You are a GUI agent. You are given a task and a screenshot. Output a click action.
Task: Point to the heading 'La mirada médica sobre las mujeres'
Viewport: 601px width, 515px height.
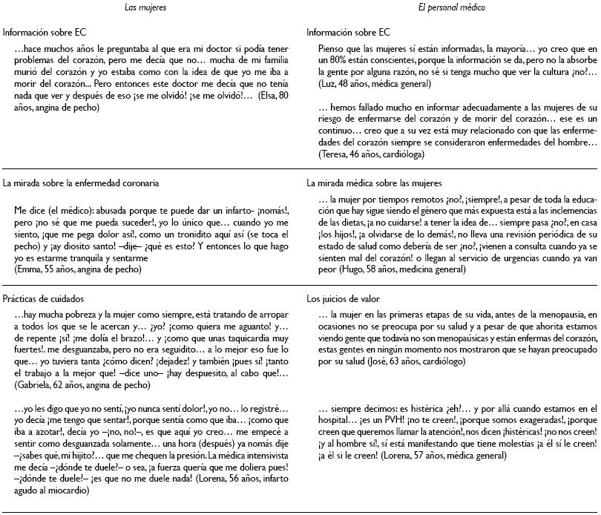374,181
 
